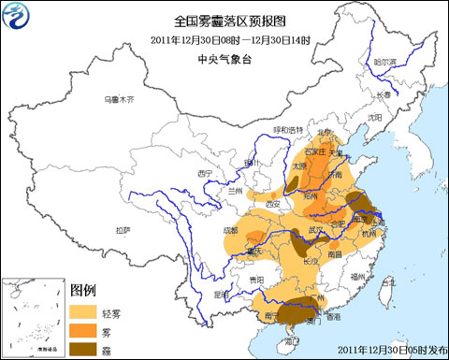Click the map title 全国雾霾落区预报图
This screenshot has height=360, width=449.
(x=224, y=21)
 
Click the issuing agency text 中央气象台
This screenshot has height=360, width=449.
(x=224, y=59)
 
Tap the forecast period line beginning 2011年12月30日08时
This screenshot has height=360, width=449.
(x=224, y=39)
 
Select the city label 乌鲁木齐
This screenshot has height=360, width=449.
(x=119, y=98)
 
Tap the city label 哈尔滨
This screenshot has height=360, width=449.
(x=385, y=64)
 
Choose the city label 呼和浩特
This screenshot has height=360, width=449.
(x=287, y=129)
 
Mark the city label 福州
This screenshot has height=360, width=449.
(x=356, y=277)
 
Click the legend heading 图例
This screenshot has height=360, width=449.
(x=83, y=290)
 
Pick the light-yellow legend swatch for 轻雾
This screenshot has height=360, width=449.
(x=85, y=310)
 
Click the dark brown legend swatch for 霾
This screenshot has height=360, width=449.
(x=85, y=349)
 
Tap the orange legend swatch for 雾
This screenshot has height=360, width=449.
(x=85, y=329)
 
